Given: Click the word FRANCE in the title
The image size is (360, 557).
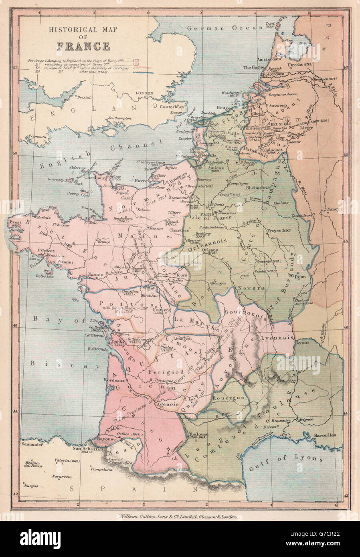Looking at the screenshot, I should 83,46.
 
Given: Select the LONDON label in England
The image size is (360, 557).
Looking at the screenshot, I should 145,93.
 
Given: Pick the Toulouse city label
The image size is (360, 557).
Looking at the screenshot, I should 198,435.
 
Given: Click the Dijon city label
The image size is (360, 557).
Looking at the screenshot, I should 300,276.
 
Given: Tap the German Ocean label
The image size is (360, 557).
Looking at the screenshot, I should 225,28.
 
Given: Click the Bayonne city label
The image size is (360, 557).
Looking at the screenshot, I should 106,439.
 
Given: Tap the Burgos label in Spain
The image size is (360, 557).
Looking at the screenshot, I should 31,486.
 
